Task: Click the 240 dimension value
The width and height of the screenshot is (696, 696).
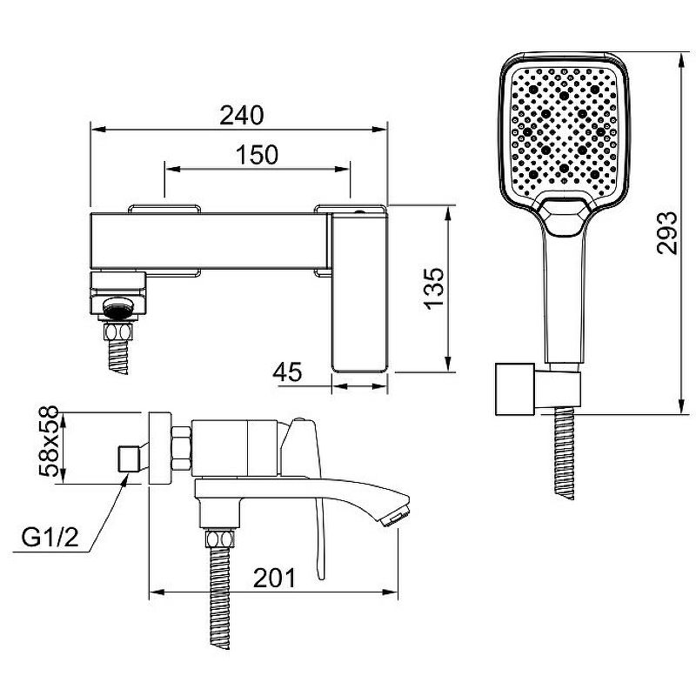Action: [x=242, y=115]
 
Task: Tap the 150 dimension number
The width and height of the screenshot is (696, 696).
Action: [x=257, y=155]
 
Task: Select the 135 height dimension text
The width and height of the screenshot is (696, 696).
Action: [x=433, y=288]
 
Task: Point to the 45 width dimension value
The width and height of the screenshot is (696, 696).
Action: [x=287, y=372]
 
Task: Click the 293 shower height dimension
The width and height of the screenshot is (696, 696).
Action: [x=667, y=232]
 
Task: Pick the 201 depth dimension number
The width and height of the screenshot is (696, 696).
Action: [x=274, y=578]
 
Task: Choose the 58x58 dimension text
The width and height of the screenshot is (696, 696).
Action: [x=49, y=441]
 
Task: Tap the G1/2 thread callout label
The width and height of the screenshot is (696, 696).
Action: [x=50, y=538]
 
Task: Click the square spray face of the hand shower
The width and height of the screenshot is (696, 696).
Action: [x=564, y=132]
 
